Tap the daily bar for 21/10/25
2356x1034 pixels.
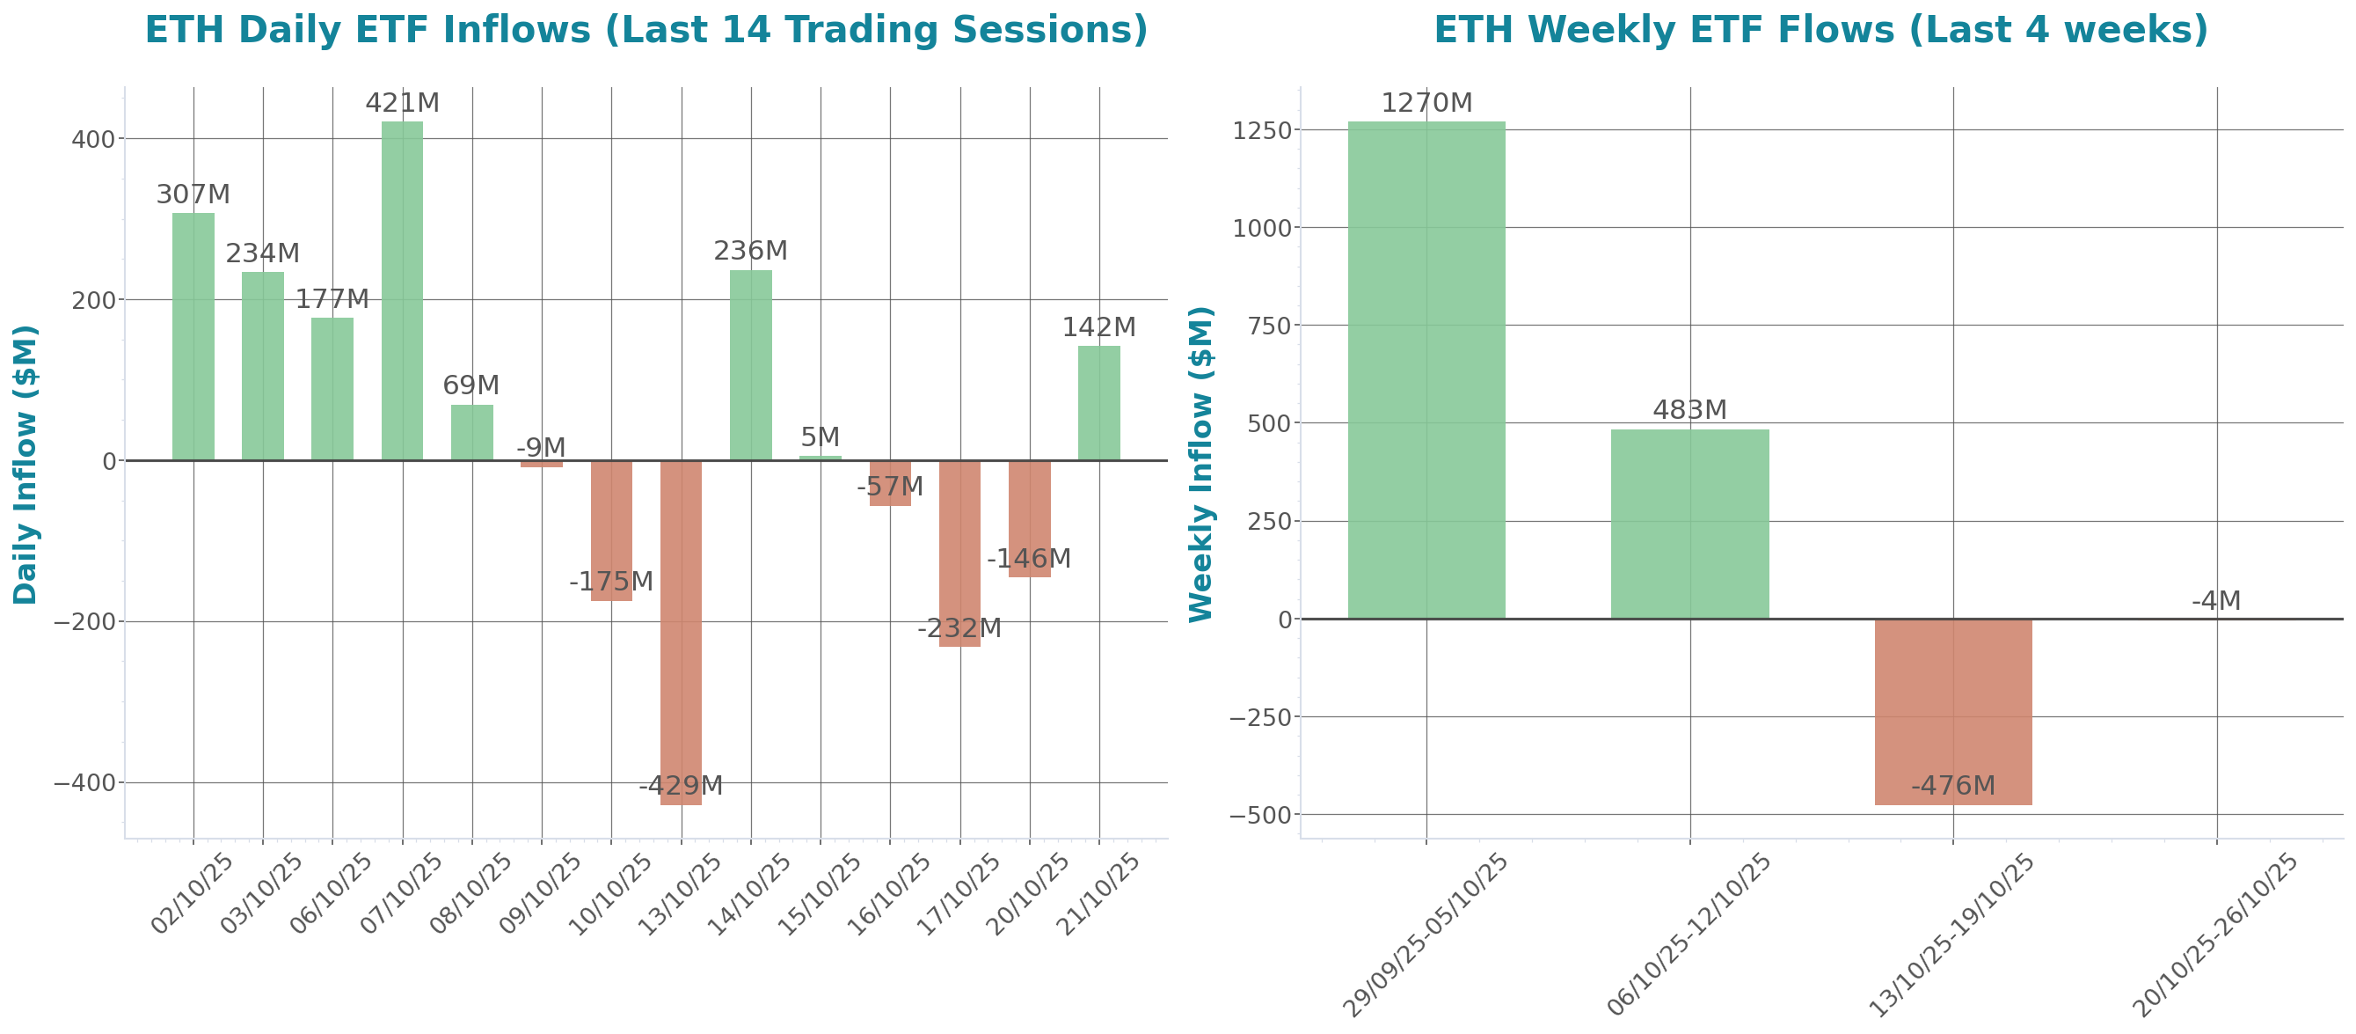(1098, 403)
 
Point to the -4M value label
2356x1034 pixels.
(2216, 601)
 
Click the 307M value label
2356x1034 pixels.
(193, 194)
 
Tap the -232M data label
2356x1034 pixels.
(959, 628)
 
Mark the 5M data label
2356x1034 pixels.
(820, 437)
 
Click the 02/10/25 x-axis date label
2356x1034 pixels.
(193, 893)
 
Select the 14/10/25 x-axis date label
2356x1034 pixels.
(750, 893)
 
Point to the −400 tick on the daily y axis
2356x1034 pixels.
(84, 783)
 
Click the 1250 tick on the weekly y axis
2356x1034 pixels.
(1261, 131)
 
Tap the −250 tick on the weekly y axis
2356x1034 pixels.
(1259, 717)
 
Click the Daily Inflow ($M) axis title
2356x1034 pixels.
(26, 464)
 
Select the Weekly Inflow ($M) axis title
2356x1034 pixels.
(1200, 464)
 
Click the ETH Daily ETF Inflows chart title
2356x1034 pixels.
(646, 30)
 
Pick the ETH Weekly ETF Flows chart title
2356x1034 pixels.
(1820, 30)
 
